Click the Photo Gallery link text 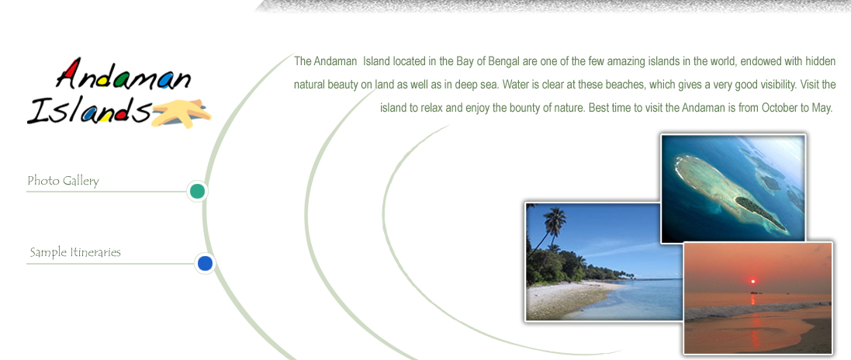click(x=63, y=181)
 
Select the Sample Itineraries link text click(x=75, y=252)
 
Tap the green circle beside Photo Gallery click(x=197, y=191)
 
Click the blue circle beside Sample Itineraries click(x=205, y=263)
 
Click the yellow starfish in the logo click(x=182, y=112)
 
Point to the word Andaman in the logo click(x=124, y=75)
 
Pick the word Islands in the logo click(x=88, y=110)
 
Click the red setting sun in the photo click(x=752, y=281)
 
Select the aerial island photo click(x=732, y=188)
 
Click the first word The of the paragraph click(x=303, y=61)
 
